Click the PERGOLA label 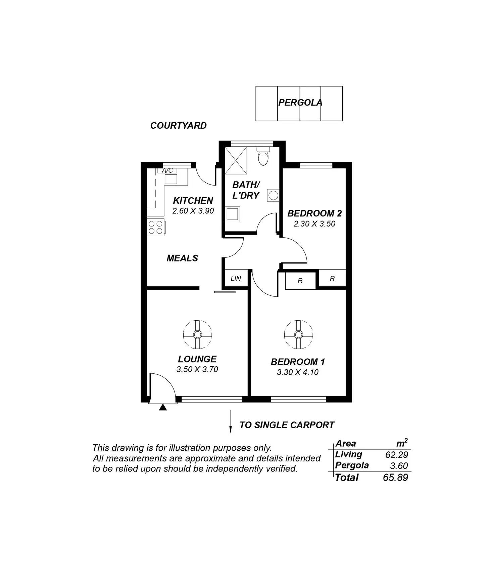(300, 103)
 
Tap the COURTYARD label (178, 126)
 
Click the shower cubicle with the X (236, 160)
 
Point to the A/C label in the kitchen (167, 171)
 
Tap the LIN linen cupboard (236, 279)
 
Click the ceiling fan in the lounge (198, 335)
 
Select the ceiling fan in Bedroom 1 (298, 335)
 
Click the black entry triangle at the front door (163, 407)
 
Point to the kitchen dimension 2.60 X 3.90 (193, 211)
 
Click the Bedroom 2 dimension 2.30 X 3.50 (314, 224)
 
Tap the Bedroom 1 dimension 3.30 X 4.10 (298, 372)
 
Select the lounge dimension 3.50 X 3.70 (197, 369)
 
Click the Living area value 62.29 (397, 455)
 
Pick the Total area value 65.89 (396, 478)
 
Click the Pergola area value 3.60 (399, 466)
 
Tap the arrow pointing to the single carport (231, 421)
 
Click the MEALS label (182, 258)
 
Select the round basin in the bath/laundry (273, 195)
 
